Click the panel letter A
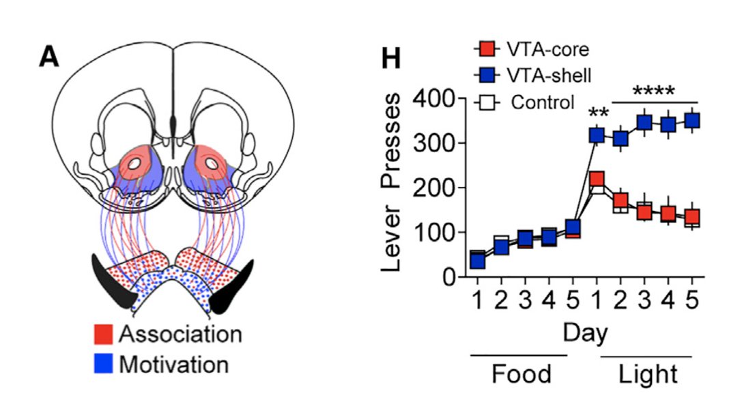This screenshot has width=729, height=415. [49, 57]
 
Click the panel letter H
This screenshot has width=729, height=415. [390, 59]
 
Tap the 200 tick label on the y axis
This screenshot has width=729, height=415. [422, 188]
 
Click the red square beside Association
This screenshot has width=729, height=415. [103, 335]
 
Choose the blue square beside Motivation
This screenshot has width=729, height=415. [103, 364]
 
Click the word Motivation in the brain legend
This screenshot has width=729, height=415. [173, 364]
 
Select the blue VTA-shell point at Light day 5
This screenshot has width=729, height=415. [692, 121]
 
